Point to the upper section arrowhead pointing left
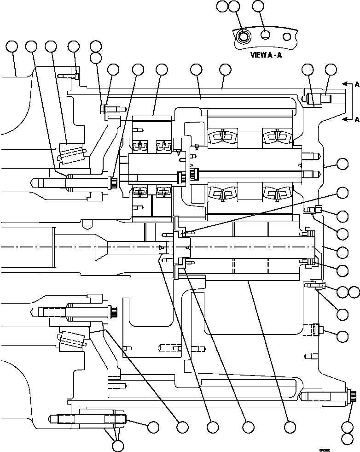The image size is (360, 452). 343,85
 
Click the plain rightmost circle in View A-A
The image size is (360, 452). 286,36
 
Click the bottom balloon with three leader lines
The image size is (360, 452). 118,445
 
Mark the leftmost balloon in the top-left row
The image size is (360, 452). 12,46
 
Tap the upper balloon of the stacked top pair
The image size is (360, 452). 95,46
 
